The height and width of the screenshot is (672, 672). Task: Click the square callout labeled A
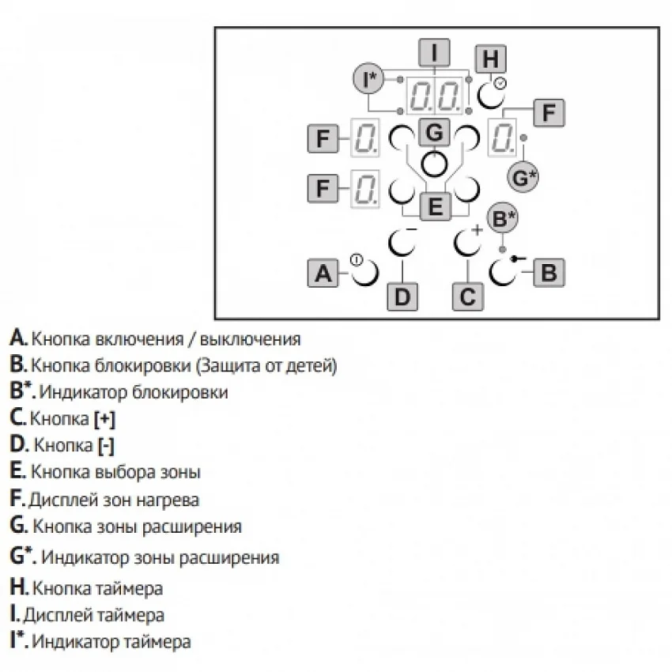point(323,273)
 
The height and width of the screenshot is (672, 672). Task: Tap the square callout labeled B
point(549,272)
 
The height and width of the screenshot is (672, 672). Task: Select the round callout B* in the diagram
point(503,218)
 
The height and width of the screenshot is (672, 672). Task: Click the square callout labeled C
point(467,296)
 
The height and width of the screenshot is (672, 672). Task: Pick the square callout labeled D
point(402,296)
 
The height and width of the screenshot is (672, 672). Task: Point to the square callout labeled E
point(435,206)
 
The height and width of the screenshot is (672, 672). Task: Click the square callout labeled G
point(434,132)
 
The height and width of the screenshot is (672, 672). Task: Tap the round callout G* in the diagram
point(523,177)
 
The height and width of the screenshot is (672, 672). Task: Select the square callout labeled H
point(491,59)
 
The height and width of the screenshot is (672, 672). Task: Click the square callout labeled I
point(434,53)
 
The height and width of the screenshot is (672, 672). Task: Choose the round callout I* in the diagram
point(368,79)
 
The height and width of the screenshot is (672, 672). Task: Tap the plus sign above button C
point(477,230)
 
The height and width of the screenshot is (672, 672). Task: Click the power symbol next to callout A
point(357,260)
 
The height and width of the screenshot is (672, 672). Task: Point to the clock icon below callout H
point(500,83)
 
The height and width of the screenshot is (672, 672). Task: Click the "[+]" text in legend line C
point(104,419)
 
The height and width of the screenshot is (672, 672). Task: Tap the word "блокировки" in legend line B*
point(180,393)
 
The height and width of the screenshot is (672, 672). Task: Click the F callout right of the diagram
point(549,113)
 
